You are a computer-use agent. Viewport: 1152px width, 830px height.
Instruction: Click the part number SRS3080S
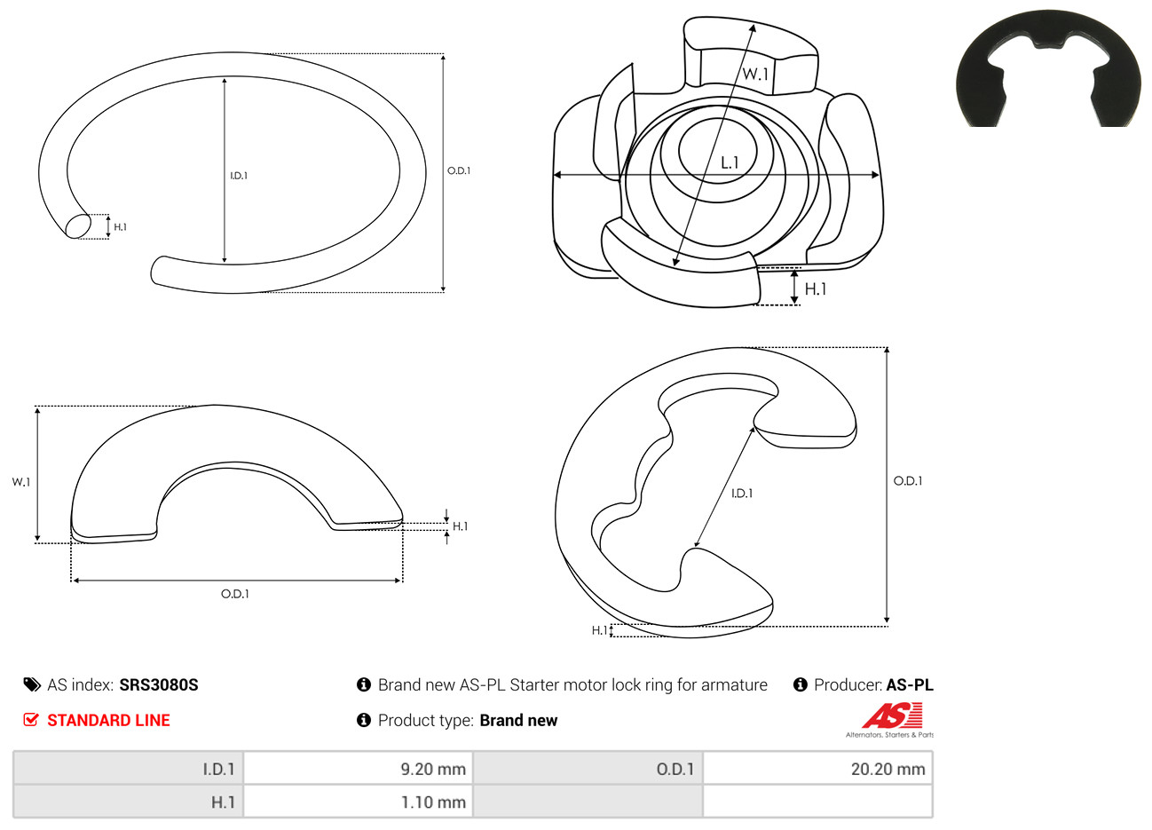[x=158, y=685]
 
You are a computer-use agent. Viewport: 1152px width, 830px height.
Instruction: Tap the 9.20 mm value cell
[x=358, y=769]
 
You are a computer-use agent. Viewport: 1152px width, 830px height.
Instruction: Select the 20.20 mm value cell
[x=817, y=769]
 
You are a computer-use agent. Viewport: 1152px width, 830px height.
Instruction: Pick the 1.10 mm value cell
[x=358, y=802]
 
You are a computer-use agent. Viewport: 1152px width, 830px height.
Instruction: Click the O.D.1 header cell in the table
[x=588, y=769]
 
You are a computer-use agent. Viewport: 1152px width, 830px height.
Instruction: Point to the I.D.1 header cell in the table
[x=128, y=769]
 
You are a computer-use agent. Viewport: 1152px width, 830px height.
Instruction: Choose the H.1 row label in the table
[x=128, y=802]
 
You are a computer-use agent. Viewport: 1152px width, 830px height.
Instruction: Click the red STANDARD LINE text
[x=108, y=720]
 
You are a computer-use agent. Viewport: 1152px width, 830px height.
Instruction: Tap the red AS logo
[x=892, y=715]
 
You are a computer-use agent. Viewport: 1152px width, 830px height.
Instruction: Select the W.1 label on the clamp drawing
[x=755, y=74]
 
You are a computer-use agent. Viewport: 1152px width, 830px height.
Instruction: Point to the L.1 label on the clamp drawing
[x=730, y=163]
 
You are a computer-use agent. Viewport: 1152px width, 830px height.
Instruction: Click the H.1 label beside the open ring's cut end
[x=121, y=226]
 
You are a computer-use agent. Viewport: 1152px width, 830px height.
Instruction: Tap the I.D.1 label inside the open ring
[x=239, y=176]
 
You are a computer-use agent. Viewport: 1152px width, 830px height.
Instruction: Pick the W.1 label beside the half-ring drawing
[x=21, y=482]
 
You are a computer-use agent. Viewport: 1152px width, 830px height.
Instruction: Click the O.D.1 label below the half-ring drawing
[x=235, y=594]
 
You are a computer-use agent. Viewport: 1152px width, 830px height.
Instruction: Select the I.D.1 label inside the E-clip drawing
[x=742, y=494]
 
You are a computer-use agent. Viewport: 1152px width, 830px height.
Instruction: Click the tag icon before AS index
[x=32, y=685]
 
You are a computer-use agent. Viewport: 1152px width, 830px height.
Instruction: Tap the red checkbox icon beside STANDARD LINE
[x=31, y=719]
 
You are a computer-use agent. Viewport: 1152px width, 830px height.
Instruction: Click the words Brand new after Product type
[x=518, y=721]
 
